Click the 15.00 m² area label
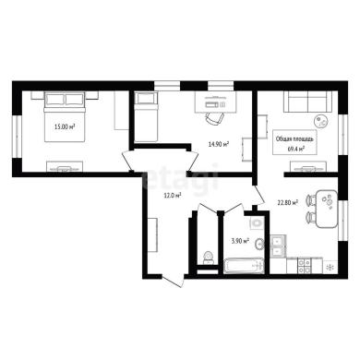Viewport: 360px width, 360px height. coord(65,126)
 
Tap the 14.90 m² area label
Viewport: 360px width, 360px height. coord(219,144)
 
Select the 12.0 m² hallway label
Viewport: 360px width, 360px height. coord(173,195)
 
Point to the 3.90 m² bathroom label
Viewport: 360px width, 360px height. coord(240,241)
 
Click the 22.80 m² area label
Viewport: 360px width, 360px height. coord(288,202)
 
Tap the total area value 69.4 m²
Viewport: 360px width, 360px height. coord(294,149)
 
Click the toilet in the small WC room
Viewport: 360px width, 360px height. coord(209,258)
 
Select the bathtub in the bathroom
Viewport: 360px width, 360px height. coord(244,266)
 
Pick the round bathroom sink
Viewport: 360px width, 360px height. coord(259,245)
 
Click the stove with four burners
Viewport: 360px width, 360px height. coord(305,266)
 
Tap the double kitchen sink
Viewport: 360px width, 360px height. coord(279,246)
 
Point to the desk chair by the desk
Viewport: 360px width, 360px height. coord(215,118)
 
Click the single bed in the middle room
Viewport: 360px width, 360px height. coord(146,116)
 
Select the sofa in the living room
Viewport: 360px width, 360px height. coord(307,102)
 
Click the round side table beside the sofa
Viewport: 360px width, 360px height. coord(321,121)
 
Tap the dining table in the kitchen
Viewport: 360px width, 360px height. coord(327,209)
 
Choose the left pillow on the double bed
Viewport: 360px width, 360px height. coord(55,100)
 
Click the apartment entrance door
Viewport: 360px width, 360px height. coord(173,281)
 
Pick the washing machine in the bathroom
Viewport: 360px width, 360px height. coord(257,222)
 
